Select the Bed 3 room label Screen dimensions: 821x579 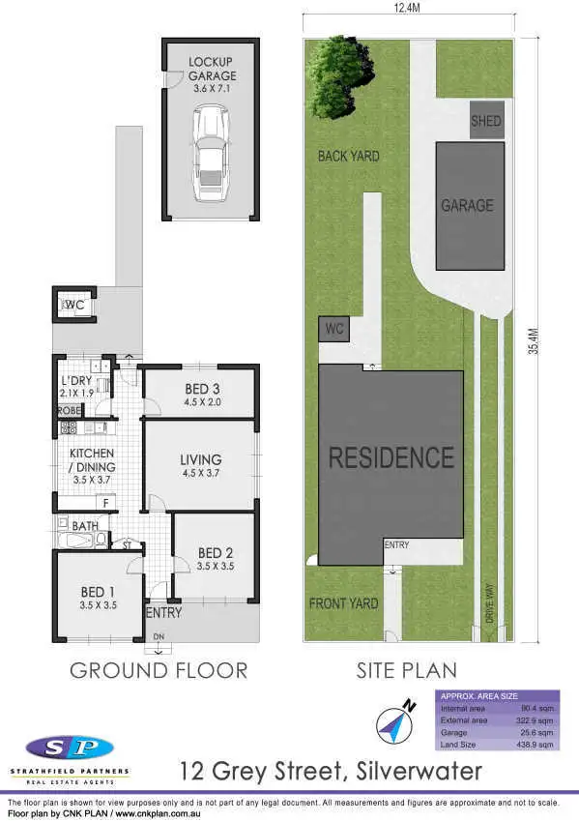[x=203, y=396]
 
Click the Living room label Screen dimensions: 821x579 [x=200, y=466]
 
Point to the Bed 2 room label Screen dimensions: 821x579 [x=215, y=559]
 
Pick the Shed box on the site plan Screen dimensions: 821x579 [x=485, y=121]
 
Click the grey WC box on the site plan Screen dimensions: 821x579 [x=334, y=329]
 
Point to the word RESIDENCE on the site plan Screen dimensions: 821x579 [x=391, y=457]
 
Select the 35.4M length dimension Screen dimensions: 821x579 [x=533, y=339]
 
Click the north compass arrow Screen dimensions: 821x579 [x=395, y=721]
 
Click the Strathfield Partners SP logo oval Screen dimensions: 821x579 [x=70, y=748]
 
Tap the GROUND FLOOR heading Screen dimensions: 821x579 [x=159, y=670]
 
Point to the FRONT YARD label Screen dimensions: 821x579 [x=343, y=603]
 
